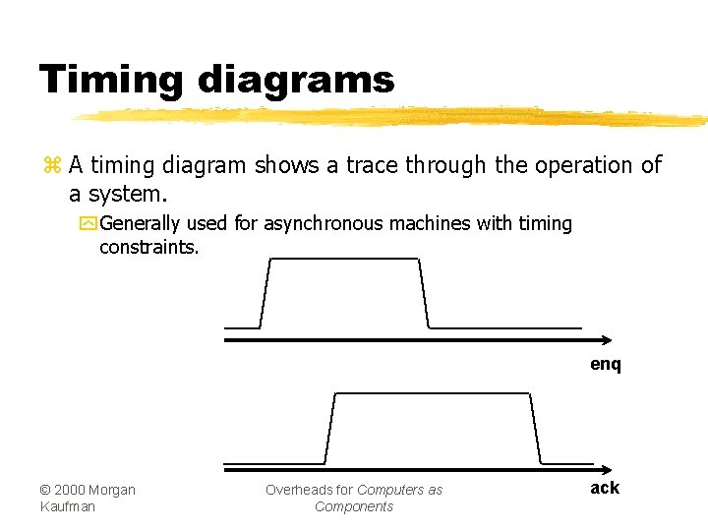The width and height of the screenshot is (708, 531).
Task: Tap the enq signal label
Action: click(606, 365)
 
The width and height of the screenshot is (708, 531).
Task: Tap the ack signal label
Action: click(605, 488)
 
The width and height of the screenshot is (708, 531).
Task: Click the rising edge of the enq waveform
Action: click(265, 293)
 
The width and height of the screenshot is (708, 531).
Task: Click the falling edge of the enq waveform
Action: click(425, 293)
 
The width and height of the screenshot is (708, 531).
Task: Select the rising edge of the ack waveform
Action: click(330, 428)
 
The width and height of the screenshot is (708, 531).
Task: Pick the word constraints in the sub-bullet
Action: click(148, 247)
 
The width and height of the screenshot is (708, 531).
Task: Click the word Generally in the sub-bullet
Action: click(140, 224)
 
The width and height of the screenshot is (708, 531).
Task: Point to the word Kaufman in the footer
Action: click(68, 506)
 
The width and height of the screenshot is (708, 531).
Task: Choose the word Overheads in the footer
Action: click(299, 490)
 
